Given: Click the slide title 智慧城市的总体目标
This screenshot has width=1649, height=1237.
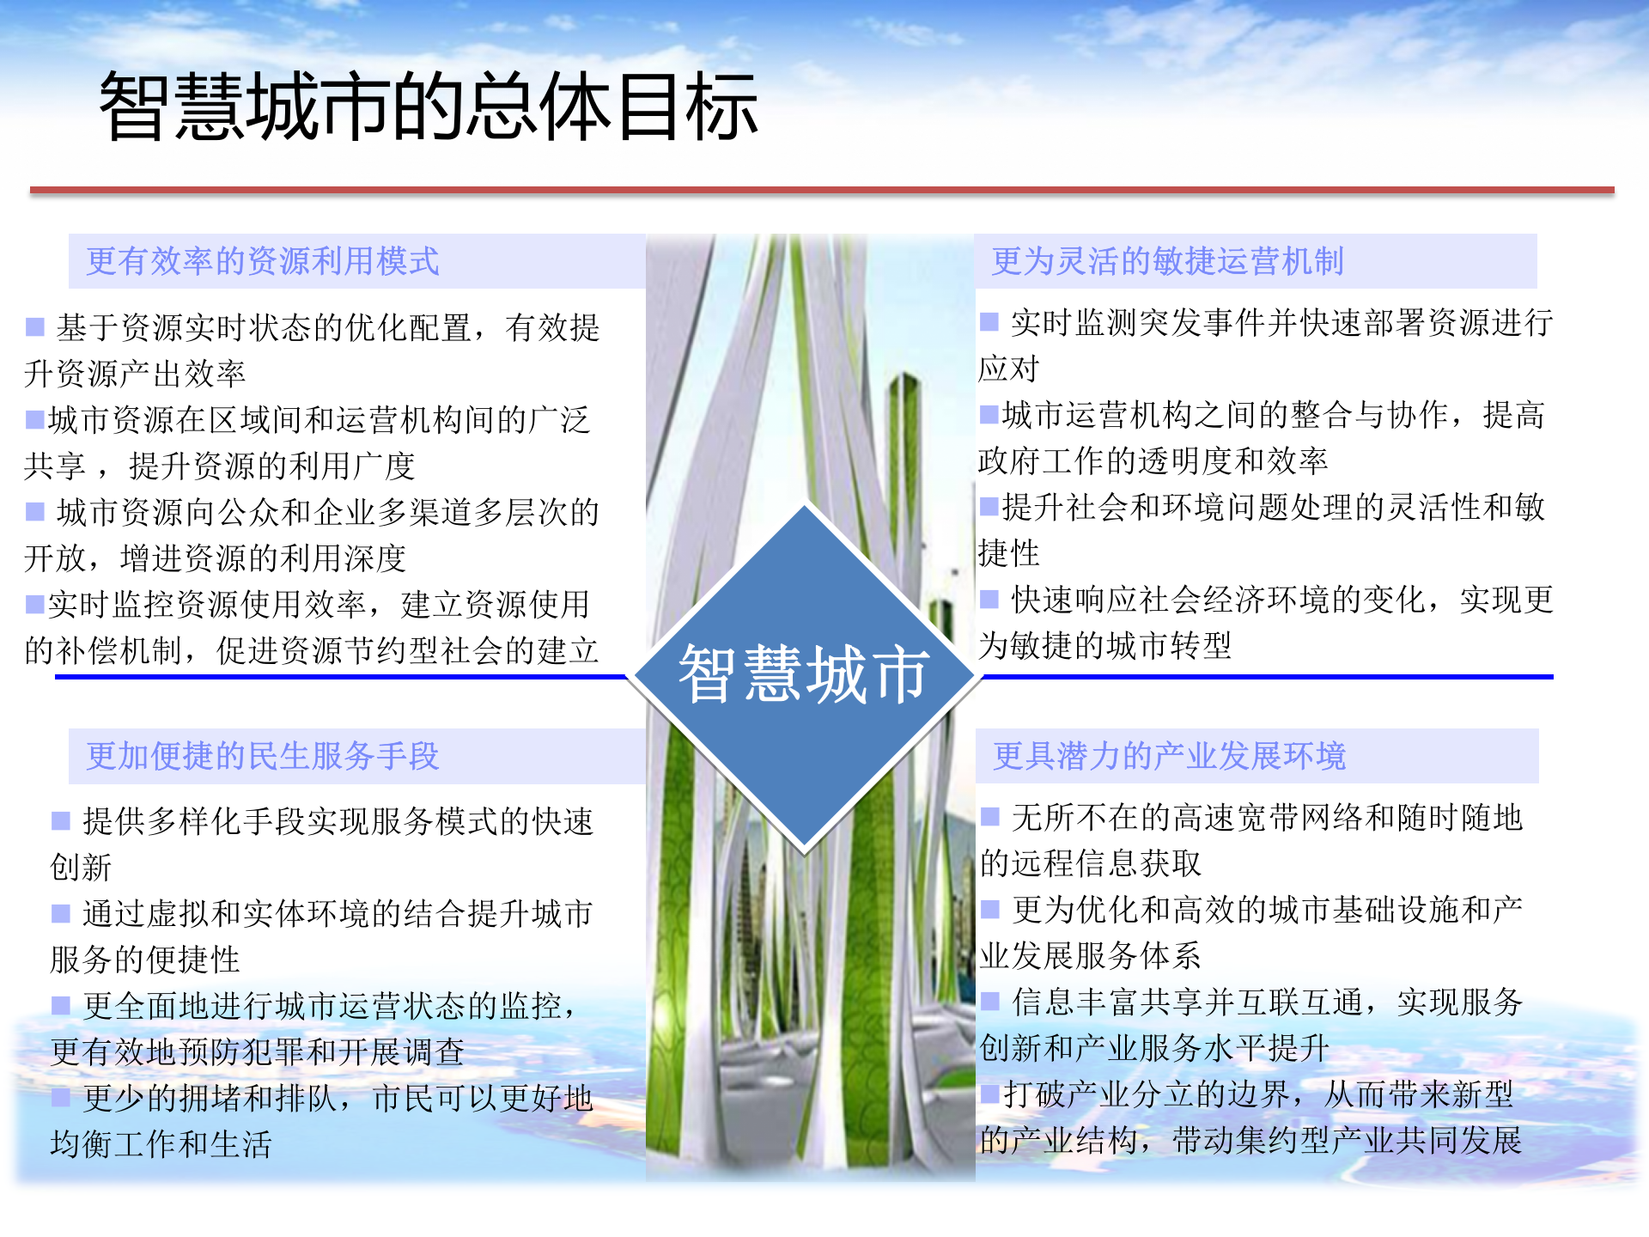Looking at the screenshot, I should pyautogui.click(x=428, y=107).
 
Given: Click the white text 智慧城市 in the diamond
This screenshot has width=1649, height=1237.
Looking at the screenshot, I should pyautogui.click(x=804, y=675).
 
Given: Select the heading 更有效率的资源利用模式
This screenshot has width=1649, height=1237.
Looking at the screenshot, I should pyautogui.click(x=263, y=261).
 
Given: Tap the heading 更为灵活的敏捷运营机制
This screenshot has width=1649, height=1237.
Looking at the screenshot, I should pyautogui.click(x=1167, y=261).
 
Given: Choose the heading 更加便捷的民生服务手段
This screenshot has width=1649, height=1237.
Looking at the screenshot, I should pyautogui.click(x=263, y=756).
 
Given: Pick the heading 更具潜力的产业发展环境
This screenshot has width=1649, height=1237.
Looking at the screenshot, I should pyautogui.click(x=1169, y=756).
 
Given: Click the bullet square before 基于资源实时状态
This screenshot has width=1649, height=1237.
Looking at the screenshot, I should pyautogui.click(x=35, y=326).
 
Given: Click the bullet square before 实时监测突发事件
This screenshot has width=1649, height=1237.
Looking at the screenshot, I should pyautogui.click(x=989, y=322).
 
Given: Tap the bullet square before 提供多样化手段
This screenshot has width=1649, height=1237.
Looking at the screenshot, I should pyautogui.click(x=61, y=820).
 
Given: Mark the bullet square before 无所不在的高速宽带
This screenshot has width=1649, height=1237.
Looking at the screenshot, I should pyautogui.click(x=990, y=816).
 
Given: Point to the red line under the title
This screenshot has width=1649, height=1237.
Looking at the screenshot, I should pyautogui.click(x=821, y=190).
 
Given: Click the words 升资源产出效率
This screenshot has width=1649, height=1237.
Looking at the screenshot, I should pyautogui.click(x=135, y=374).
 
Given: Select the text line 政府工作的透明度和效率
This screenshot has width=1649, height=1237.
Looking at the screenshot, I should pyautogui.click(x=1153, y=461).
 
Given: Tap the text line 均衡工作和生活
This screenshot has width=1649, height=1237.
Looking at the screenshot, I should pyautogui.click(x=161, y=1144).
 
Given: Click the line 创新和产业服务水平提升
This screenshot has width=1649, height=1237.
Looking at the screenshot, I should pyautogui.click(x=1154, y=1048).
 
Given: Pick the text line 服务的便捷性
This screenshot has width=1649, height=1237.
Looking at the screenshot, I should pyautogui.click(x=144, y=960).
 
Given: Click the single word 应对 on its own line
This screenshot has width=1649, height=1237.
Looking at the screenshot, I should pyautogui.click(x=1008, y=369).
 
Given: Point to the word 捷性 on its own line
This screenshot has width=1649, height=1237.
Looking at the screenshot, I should pyautogui.click(x=1008, y=553).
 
